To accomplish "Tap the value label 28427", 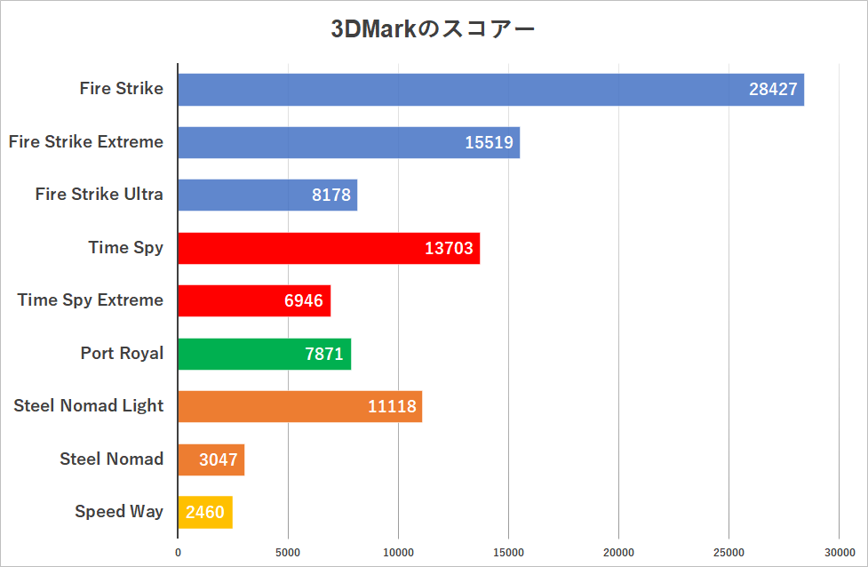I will [773, 90].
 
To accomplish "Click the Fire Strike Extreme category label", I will [86, 141].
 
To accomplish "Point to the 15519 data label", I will [489, 142].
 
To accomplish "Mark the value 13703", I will [449, 248].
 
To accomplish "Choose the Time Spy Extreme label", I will [91, 299].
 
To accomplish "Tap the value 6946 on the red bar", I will [304, 300].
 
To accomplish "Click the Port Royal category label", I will [122, 353].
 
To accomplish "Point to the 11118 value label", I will [392, 406].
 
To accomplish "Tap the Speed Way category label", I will [119, 511].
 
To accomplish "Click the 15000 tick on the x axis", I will [508, 552].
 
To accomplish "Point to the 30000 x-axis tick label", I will [839, 552].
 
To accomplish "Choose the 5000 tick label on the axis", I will [288, 552].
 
